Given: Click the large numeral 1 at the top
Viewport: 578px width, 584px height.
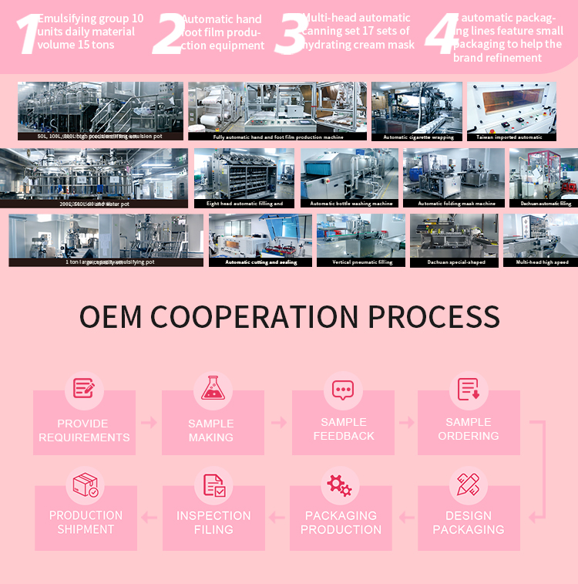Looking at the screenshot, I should (x=29, y=35).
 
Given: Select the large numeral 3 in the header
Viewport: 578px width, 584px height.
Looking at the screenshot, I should (x=289, y=35).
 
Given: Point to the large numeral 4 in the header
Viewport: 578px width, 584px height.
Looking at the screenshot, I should (x=442, y=35).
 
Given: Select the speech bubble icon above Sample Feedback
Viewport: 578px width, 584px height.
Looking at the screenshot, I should (x=342, y=389).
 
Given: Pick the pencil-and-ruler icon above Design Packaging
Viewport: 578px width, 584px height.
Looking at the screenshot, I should (x=468, y=484).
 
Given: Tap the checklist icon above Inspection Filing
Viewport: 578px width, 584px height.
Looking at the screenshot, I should (x=213, y=484).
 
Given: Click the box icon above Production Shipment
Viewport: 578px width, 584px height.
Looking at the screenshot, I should (x=85, y=484).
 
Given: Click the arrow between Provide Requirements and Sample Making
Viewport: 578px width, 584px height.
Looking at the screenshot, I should (x=149, y=422).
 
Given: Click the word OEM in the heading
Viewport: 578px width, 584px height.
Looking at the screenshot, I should (x=111, y=317).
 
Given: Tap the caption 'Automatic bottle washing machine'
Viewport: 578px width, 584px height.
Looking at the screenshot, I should (x=348, y=204).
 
